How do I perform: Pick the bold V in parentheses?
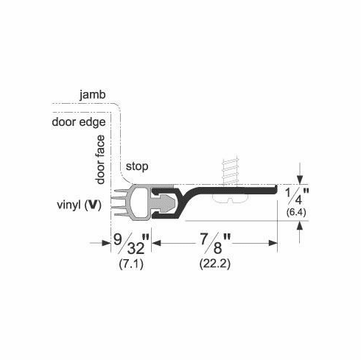click(x=94, y=203)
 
